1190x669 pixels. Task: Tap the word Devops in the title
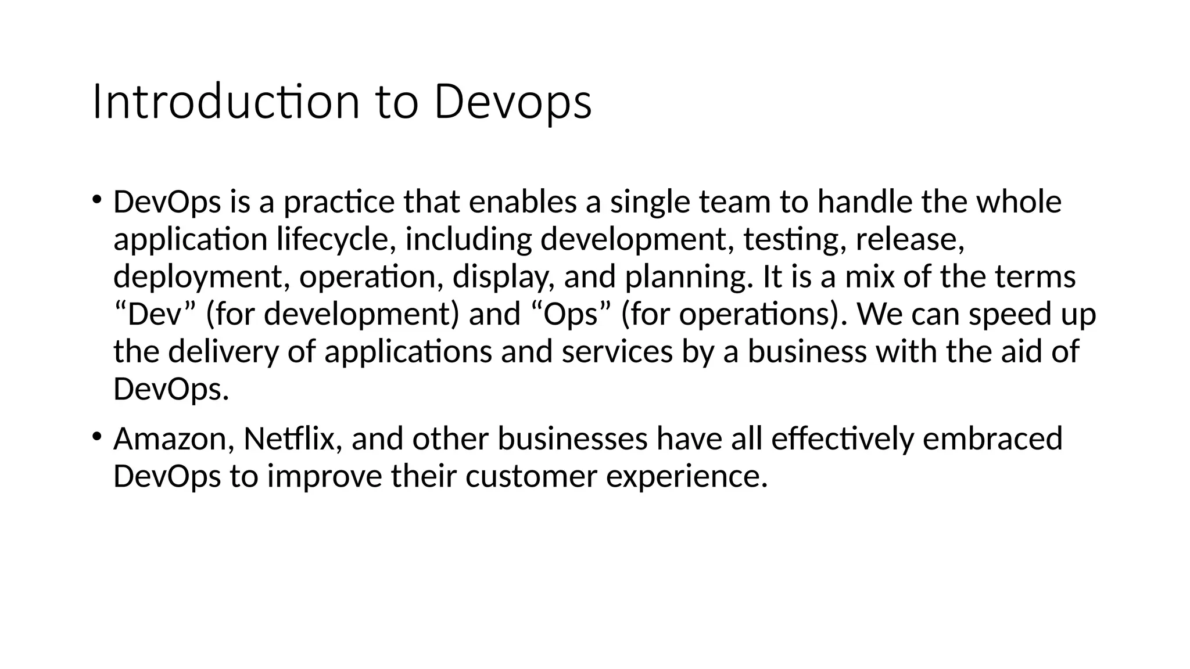pos(512,102)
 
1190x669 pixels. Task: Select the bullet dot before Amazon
pos(96,436)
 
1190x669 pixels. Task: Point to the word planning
pos(688,277)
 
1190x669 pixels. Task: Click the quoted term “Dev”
pos(155,314)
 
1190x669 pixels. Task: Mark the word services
pos(617,352)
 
